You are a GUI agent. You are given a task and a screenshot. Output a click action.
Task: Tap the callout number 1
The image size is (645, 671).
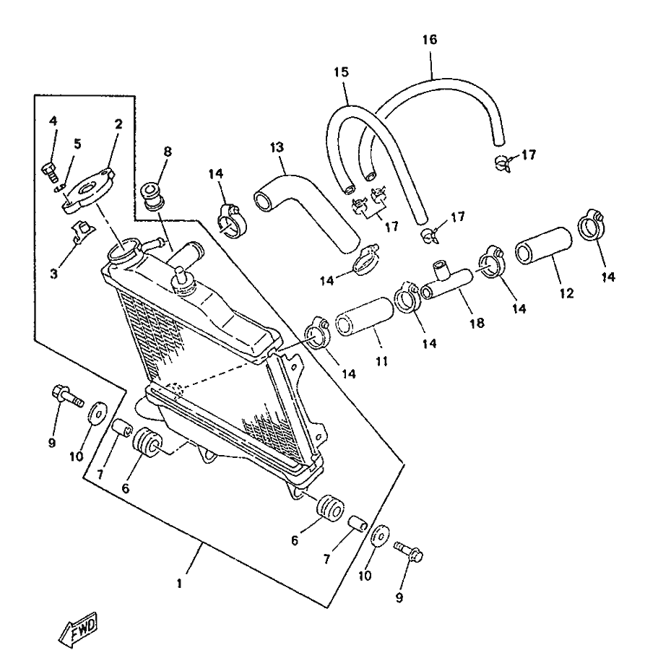pos(180,583)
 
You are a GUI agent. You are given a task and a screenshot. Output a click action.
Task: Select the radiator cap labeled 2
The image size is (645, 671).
pos(89,191)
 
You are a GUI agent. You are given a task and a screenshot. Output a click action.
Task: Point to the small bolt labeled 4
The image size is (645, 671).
pos(50,173)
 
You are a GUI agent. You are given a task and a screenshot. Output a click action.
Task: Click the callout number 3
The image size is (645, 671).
pos(53,274)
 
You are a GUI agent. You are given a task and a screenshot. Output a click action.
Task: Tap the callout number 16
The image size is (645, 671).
pos(430,40)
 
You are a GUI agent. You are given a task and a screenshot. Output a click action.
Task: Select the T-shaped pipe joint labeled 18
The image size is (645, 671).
pos(447,282)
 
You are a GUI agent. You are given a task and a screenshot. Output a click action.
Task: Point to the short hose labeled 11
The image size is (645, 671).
pos(364,317)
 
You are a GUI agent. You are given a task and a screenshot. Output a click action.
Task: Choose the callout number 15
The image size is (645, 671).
pos(341,72)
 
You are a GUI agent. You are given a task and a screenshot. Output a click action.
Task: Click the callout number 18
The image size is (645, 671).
pos(477,323)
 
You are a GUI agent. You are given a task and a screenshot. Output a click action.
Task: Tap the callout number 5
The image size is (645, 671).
pos(77,144)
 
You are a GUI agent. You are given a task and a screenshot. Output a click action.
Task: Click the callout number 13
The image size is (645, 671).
pos(277,147)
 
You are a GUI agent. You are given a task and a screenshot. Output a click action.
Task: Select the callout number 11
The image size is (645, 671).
pos(381,361)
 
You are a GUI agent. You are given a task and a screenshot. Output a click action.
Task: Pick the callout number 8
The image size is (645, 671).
pos(168,152)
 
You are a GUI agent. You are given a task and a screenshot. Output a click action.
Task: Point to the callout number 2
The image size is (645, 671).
pos(118,124)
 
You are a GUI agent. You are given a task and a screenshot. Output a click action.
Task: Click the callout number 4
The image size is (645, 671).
pos(53,121)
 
